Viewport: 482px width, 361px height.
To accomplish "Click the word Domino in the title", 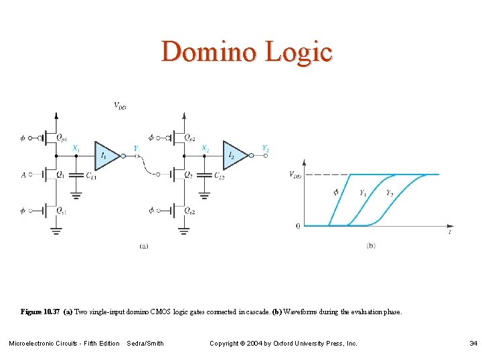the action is (x=204, y=52).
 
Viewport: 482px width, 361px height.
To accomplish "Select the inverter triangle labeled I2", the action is (x=234, y=156).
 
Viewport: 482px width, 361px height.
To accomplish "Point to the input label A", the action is (x=23, y=174).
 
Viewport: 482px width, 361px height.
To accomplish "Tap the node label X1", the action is (x=76, y=148).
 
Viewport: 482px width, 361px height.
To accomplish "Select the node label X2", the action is (x=204, y=148).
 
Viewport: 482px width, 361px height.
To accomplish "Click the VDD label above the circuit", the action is (x=120, y=106).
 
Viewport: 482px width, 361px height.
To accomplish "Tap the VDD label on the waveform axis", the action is (x=295, y=174).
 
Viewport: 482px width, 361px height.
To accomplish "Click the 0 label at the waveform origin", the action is (x=298, y=226).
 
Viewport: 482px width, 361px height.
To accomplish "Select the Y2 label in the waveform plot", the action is (x=390, y=193).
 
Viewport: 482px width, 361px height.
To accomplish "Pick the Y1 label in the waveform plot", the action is (x=362, y=193).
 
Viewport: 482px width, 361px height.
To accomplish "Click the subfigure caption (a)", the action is (x=144, y=246).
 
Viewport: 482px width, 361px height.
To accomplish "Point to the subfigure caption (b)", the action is (x=371, y=246).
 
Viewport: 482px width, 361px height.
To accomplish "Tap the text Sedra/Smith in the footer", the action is (x=145, y=344).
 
